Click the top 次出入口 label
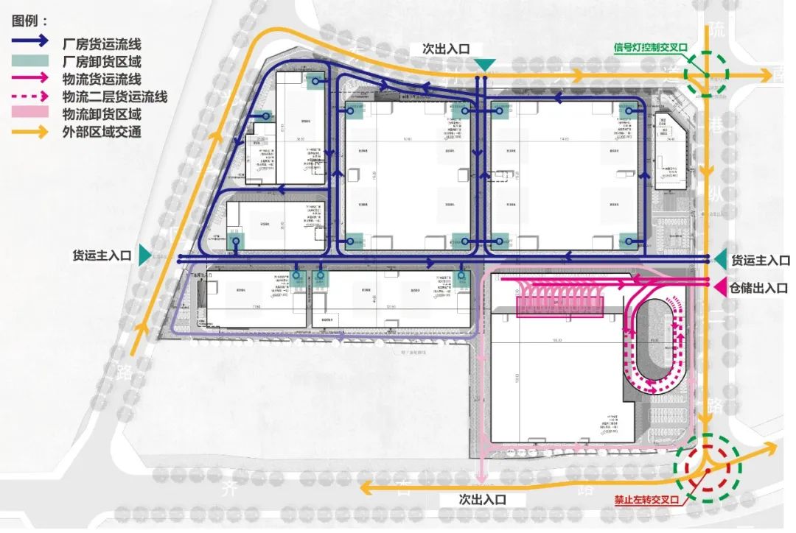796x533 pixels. point(446,49)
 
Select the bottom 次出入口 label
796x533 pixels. point(482,498)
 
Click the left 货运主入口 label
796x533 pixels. point(101,255)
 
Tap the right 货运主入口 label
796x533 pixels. point(760,260)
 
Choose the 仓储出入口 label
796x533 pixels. point(760,288)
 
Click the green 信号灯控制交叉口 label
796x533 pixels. point(651,48)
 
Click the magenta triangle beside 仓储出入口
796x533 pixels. point(720,287)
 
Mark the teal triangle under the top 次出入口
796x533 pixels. point(483,66)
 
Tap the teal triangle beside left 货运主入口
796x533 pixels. point(144,255)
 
